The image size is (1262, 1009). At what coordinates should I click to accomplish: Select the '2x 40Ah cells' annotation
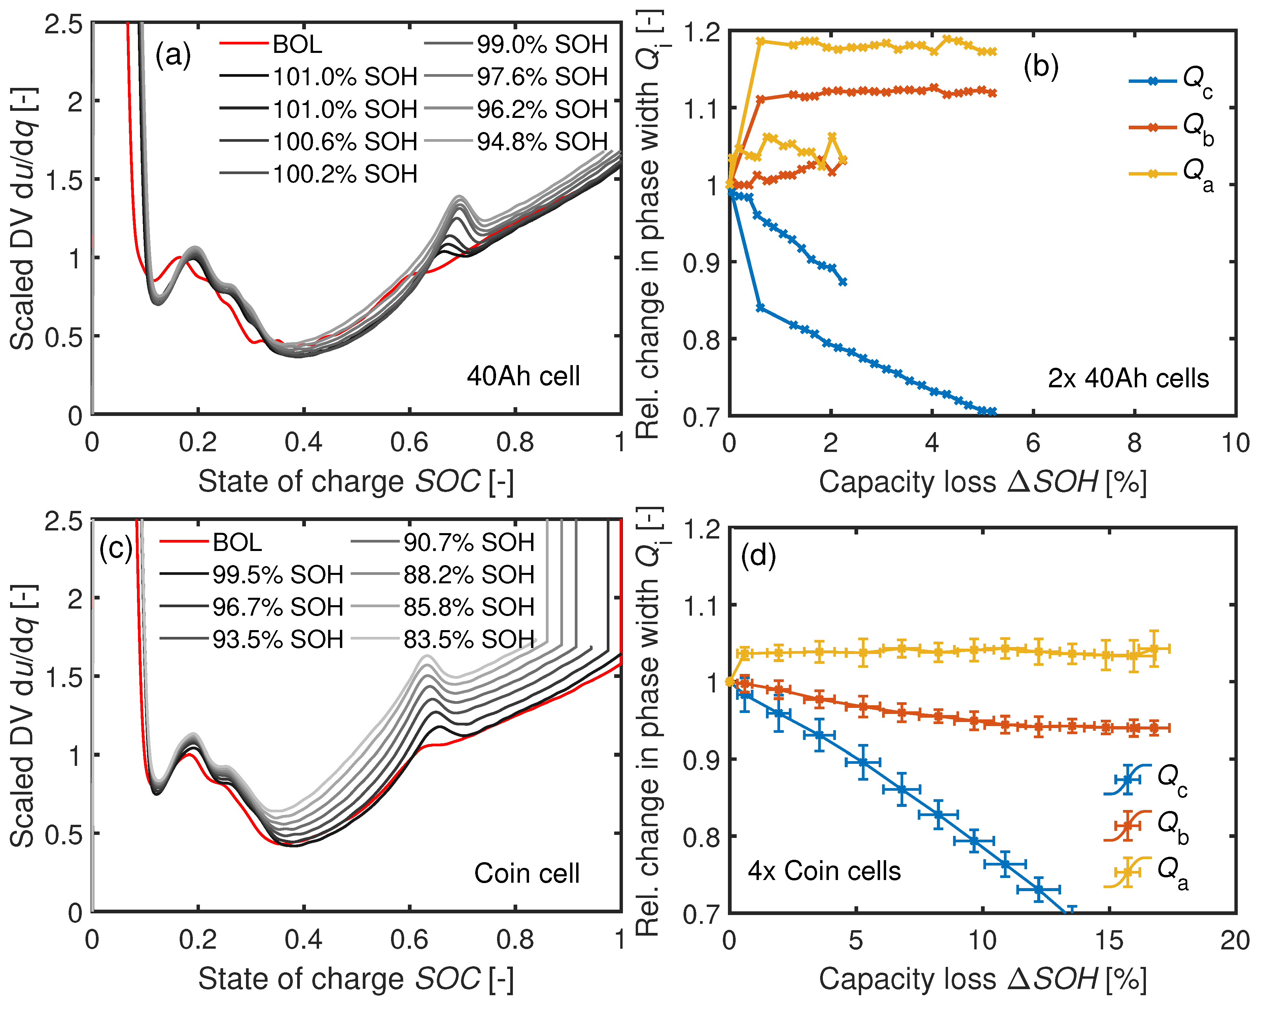[x=1128, y=378]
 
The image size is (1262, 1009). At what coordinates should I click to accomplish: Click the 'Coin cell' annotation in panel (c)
[x=527, y=874]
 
